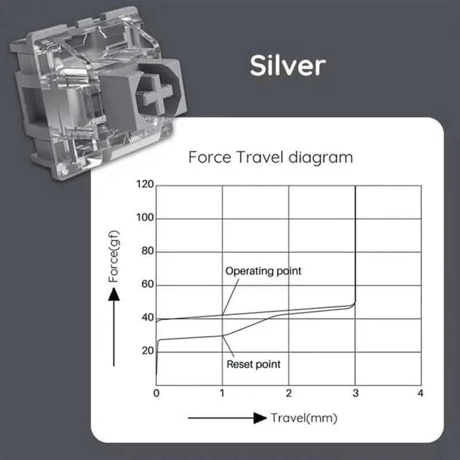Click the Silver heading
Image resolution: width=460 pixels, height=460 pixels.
click(287, 66)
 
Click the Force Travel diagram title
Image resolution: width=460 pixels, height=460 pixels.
click(270, 157)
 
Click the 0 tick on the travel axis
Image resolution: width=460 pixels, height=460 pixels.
click(156, 393)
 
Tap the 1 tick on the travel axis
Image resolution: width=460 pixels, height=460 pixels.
click(223, 393)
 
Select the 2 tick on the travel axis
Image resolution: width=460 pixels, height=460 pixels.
click(289, 393)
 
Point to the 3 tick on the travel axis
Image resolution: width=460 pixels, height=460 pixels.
click(355, 393)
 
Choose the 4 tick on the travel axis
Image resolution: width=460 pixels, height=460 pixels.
click(421, 393)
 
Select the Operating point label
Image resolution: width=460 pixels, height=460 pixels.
click(263, 270)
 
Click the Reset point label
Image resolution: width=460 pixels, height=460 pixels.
click(254, 364)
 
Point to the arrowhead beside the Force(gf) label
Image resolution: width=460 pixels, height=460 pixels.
click(114, 294)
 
